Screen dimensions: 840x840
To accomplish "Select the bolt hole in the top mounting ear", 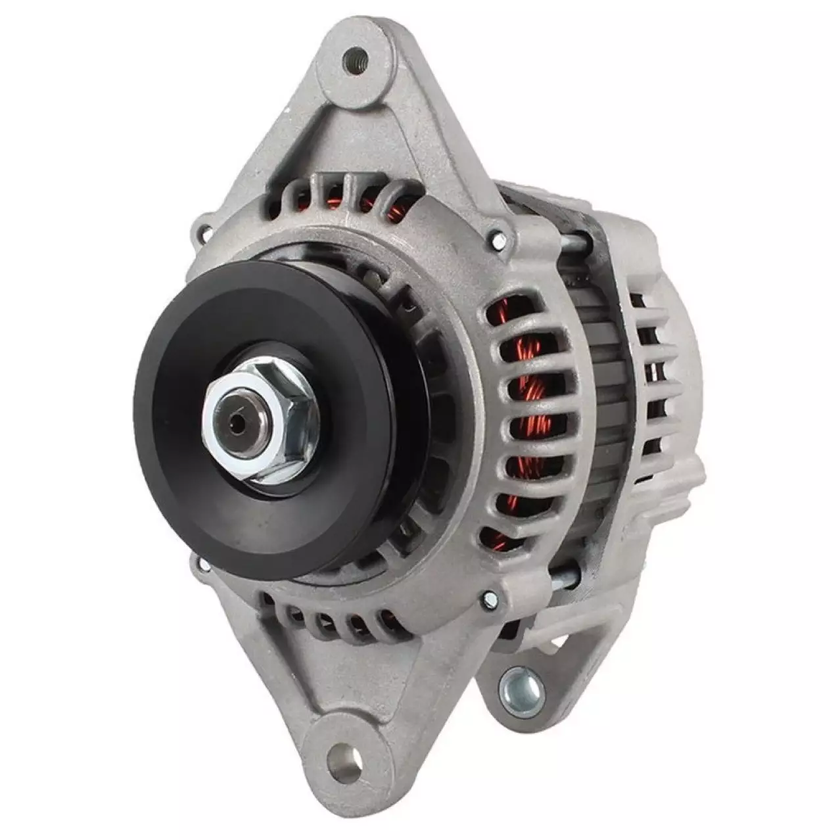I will pos(354,59).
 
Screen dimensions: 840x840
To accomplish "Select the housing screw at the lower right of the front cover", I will pos(490,599).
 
